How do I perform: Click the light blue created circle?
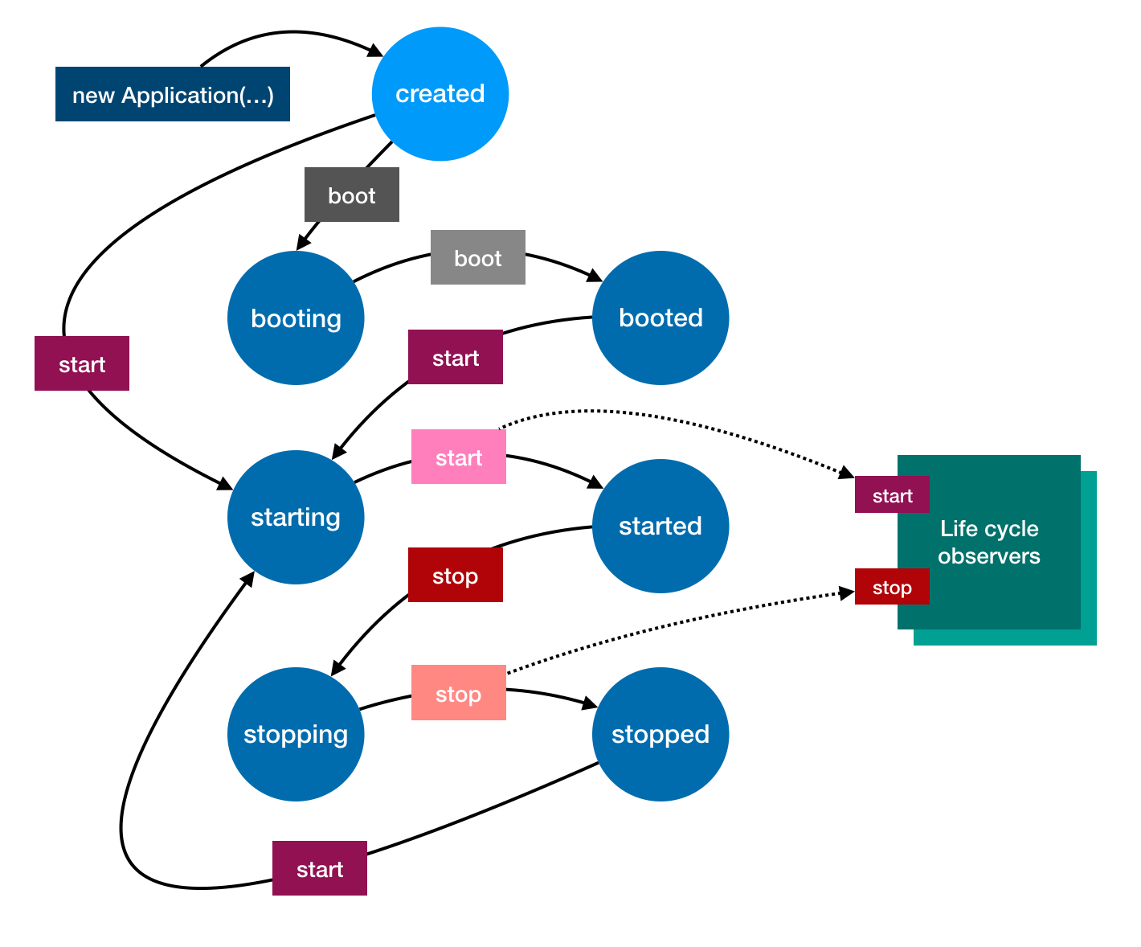click(440, 94)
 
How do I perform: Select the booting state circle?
click(296, 318)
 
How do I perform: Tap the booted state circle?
click(660, 318)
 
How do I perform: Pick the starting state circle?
click(296, 517)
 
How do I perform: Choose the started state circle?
click(660, 526)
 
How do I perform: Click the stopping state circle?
click(296, 734)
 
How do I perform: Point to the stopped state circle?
click(660, 734)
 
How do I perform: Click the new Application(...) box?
click(173, 95)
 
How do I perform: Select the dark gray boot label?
click(352, 195)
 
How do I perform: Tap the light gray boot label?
click(478, 258)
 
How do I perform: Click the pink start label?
click(459, 457)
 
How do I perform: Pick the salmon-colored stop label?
click(459, 694)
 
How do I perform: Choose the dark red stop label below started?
click(456, 576)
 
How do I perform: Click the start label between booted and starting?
click(456, 358)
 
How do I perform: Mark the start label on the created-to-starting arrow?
click(82, 364)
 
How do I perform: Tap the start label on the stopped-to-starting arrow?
click(320, 869)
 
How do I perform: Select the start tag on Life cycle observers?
click(892, 495)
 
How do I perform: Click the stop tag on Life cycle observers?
click(892, 587)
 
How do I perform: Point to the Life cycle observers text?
click(989, 543)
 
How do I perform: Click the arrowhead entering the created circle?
click(377, 53)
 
